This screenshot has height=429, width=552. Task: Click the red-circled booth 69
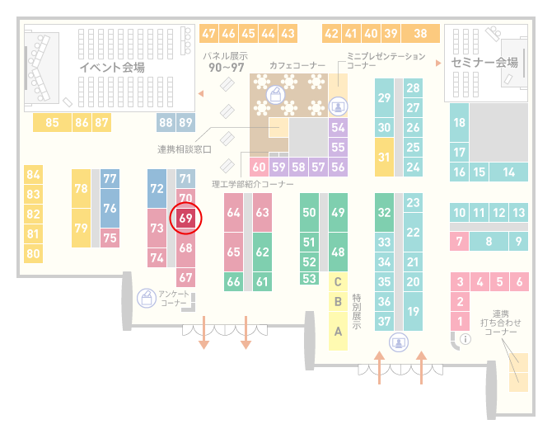(185, 218)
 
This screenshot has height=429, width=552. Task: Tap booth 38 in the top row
(420, 34)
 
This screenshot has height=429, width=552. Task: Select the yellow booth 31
(384, 157)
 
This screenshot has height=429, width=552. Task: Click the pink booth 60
(259, 167)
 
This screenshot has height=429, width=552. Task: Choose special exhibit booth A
(338, 332)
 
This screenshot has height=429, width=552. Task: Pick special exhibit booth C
(338, 281)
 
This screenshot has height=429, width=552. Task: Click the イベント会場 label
(112, 67)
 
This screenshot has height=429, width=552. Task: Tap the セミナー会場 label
(484, 63)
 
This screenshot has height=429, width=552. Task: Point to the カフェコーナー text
(297, 65)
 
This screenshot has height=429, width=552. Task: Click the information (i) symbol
(465, 339)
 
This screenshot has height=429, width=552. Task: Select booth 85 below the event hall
(52, 123)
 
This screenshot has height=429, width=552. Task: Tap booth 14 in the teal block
(508, 172)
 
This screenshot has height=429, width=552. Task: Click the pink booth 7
(459, 242)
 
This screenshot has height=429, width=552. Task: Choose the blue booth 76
(110, 209)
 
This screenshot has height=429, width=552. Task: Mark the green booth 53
(309, 279)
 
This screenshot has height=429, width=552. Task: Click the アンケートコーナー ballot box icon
(147, 298)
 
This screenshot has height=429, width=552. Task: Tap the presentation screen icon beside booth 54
(338, 106)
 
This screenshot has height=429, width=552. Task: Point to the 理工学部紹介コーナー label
(253, 184)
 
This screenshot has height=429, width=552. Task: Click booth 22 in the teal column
(413, 232)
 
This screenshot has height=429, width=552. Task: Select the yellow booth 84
(33, 175)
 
